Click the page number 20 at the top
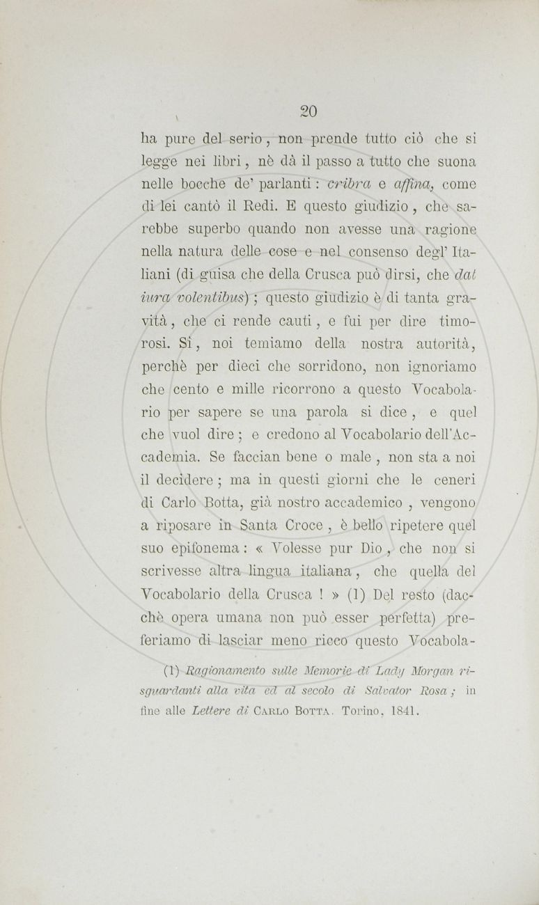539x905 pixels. (x=308, y=111)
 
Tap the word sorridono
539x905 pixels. (x=311, y=366)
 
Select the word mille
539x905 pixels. (x=267, y=389)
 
